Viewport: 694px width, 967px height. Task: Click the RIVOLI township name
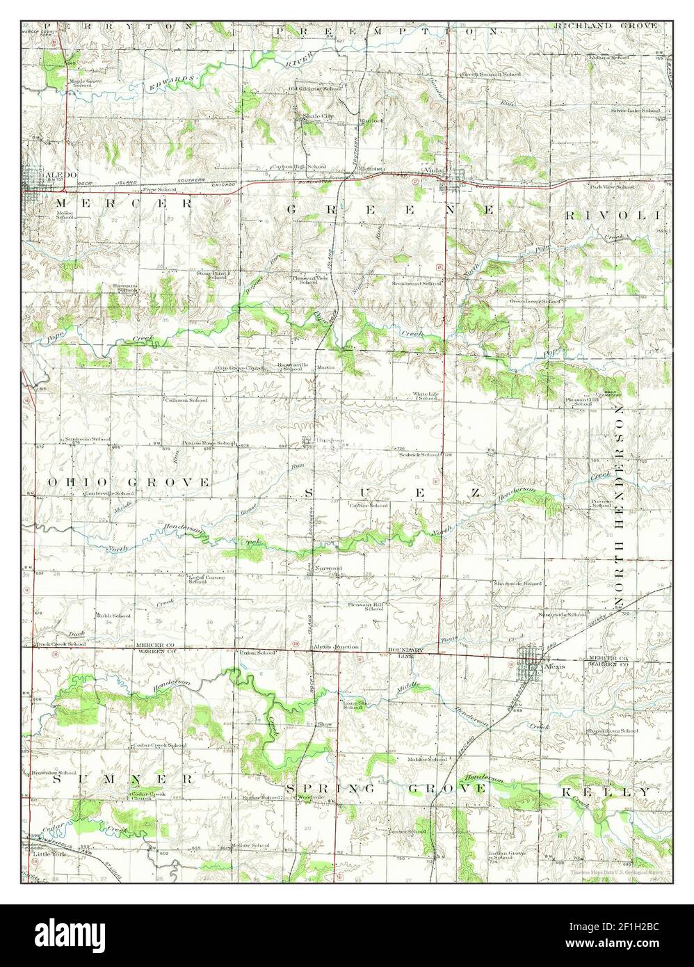611,216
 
